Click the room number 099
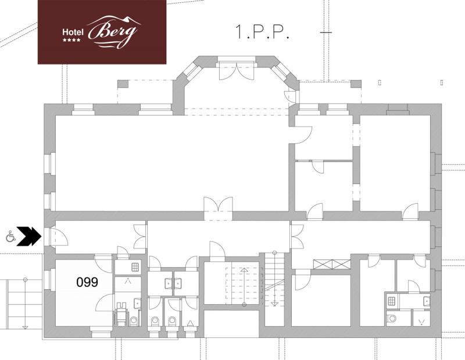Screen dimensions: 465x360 (87, 282)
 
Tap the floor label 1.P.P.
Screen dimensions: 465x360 (262, 32)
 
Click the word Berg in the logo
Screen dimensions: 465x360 (114, 32)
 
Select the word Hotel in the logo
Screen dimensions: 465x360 (73, 32)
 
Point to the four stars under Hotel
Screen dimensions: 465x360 (71, 39)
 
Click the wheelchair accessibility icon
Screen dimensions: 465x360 (10, 237)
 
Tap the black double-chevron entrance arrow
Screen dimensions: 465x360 (28, 236)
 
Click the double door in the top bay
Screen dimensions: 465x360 (237, 71)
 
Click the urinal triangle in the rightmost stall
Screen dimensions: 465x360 (190, 323)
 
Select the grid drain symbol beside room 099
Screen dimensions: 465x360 (135, 267)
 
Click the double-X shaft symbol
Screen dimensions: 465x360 (332, 264)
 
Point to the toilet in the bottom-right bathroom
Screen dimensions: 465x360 (392, 319)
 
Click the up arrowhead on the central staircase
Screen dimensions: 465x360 (244, 270)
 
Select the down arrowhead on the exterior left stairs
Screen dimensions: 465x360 (25, 327)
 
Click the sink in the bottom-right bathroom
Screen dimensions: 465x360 (426, 301)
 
